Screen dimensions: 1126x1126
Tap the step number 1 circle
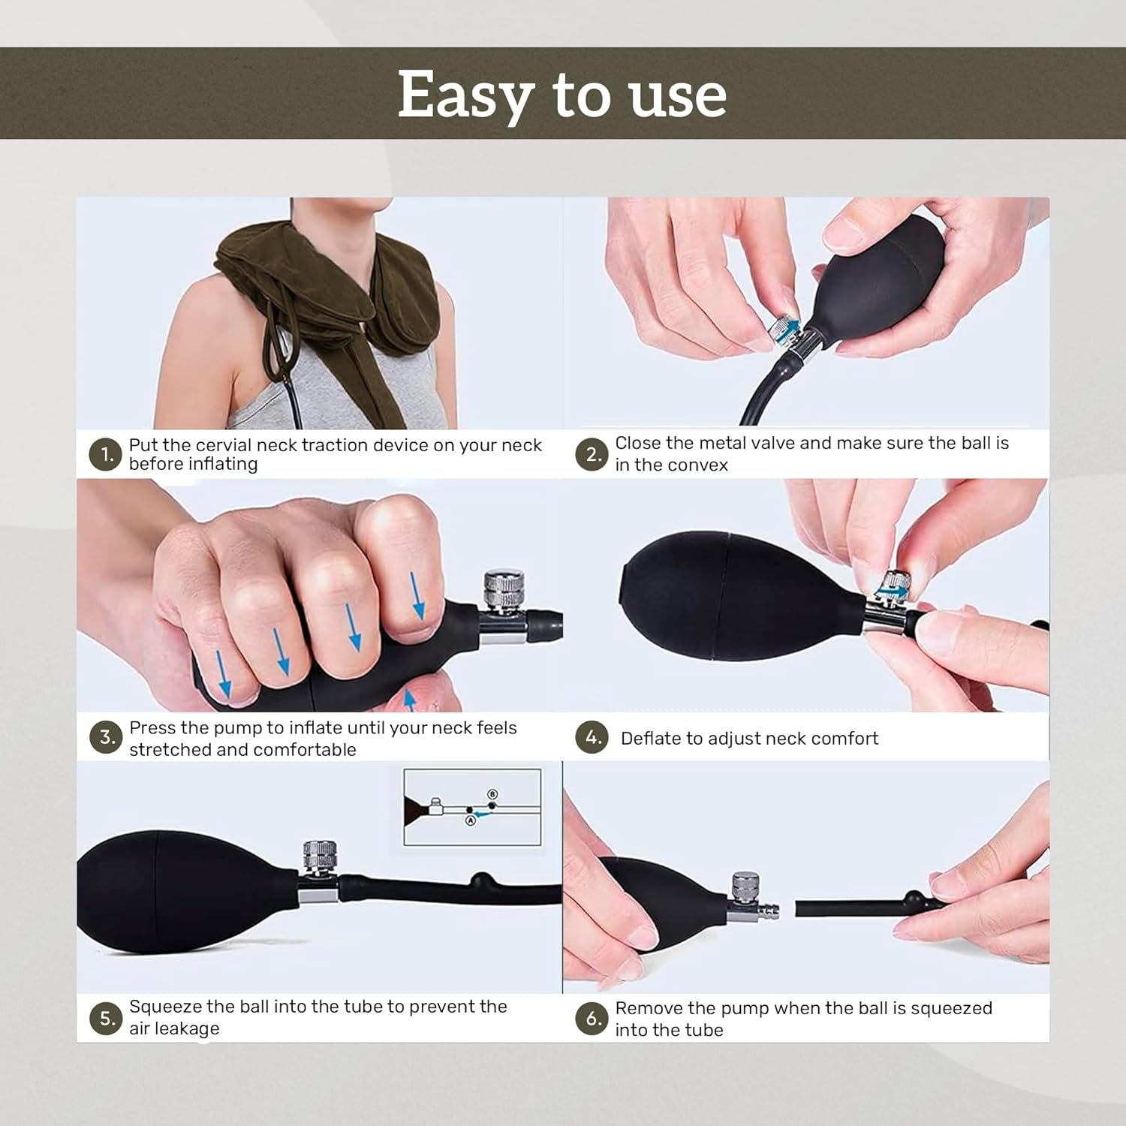(x=106, y=455)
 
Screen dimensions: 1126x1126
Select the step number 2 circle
(x=592, y=455)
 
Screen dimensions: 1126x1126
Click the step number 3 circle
(x=106, y=737)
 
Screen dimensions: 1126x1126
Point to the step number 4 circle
(x=592, y=737)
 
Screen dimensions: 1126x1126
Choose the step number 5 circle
(x=106, y=1019)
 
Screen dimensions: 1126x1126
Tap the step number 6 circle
(x=592, y=1019)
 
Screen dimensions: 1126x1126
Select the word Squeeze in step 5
(x=165, y=1007)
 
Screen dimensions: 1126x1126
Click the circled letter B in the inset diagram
(x=492, y=794)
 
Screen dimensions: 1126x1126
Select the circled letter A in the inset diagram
(x=471, y=820)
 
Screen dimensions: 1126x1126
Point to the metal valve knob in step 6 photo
(x=745, y=887)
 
